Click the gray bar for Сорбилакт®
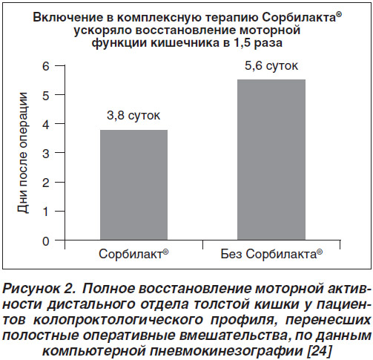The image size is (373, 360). (133, 185)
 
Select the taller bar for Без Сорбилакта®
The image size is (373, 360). (271, 160)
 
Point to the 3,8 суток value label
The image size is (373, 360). (133, 116)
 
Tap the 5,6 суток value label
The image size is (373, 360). (271, 66)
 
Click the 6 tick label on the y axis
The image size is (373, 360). (46, 66)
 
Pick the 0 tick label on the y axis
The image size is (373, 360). (46, 241)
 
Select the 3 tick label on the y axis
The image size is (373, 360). (46, 154)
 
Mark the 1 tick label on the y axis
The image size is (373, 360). (46, 212)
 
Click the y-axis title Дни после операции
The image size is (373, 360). (23, 153)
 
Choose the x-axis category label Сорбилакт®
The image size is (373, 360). (133, 254)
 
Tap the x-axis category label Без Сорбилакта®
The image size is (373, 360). (271, 254)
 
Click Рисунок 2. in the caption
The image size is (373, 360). (39, 289)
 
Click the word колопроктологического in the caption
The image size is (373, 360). (118, 320)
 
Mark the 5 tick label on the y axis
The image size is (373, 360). (46, 95)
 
